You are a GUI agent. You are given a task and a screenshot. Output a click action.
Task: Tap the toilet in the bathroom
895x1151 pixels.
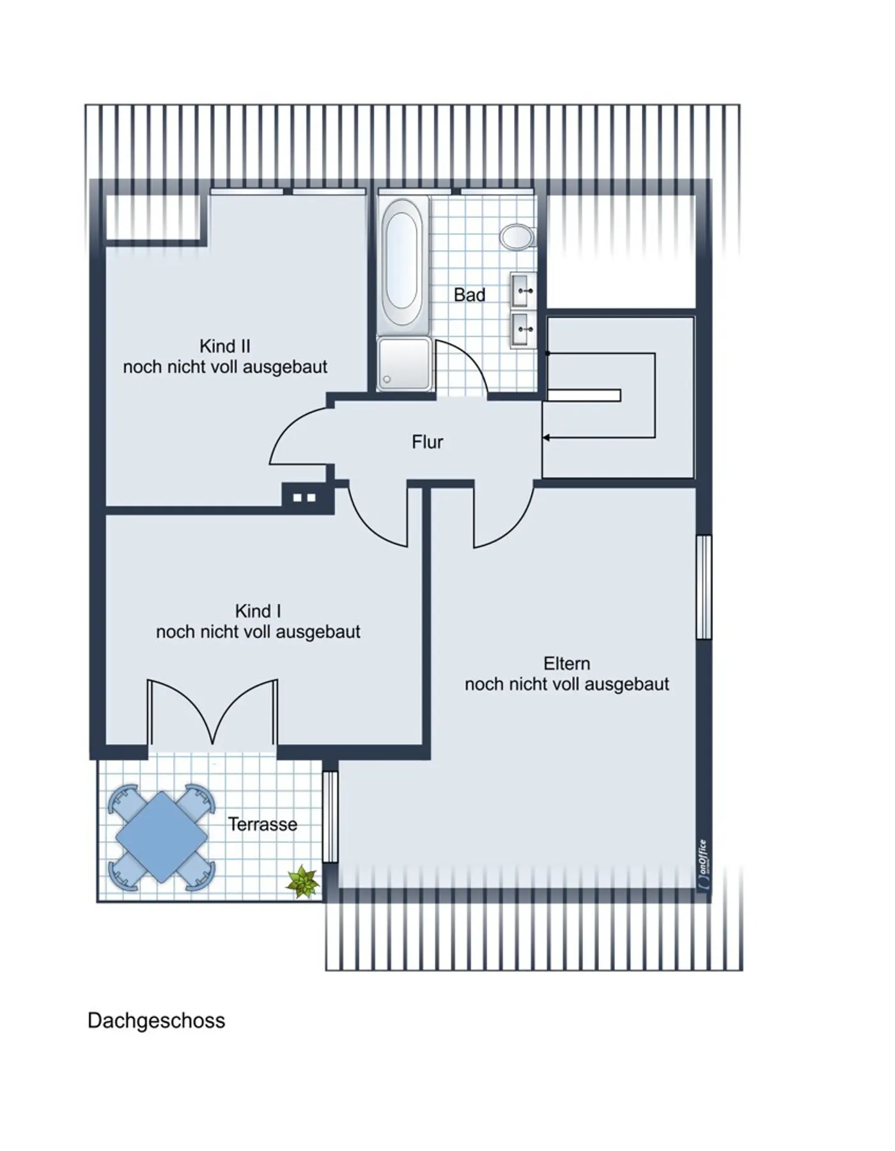click(517, 237)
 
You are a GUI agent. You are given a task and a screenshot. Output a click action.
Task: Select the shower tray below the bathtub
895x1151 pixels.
click(404, 363)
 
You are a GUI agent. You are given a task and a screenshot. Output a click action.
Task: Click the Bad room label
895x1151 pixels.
click(469, 295)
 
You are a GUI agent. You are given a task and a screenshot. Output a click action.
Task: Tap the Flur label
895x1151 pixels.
click(427, 442)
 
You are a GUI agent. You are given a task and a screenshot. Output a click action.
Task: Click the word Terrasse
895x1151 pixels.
click(263, 824)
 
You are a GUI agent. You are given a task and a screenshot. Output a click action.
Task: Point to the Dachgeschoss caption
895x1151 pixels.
click(156, 1021)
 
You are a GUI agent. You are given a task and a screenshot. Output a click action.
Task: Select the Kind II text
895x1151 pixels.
click(225, 346)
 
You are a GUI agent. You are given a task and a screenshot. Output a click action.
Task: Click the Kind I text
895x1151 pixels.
click(258, 611)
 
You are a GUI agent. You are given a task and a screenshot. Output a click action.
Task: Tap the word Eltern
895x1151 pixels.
click(566, 663)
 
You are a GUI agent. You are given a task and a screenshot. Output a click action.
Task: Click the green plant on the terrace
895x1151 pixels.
click(302, 882)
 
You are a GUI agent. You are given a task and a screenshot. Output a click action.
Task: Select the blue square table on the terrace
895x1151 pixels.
click(162, 837)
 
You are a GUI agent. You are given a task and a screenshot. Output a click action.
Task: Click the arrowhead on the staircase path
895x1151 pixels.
click(547, 437)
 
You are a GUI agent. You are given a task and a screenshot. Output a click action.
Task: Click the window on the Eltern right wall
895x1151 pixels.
click(703, 587)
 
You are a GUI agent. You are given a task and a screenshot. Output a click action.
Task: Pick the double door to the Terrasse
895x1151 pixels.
click(213, 713)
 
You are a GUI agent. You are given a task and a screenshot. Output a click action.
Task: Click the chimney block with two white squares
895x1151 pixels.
click(304, 497)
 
